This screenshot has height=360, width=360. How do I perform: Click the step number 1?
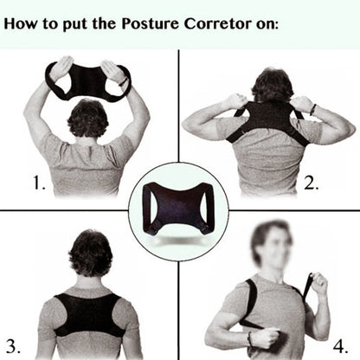click(38, 183)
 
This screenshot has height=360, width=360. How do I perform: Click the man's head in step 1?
click(89, 118)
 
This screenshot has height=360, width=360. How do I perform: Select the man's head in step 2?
click(273, 87)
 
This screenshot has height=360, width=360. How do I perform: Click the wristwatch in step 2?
click(313, 109)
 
